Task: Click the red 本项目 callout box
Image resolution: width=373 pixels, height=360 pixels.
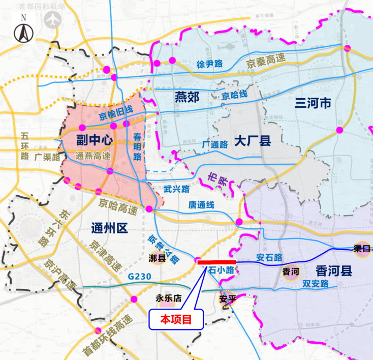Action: (x=176, y=319)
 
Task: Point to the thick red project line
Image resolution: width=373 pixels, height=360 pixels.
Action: (x=216, y=262)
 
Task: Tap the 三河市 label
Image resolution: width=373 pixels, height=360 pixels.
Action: (x=313, y=104)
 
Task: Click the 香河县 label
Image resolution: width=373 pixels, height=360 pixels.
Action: (x=334, y=270)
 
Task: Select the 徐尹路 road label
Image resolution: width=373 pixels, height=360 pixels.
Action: (x=210, y=65)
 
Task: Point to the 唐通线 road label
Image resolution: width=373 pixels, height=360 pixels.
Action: (x=201, y=204)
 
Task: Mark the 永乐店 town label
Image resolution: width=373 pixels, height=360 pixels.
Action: (x=168, y=299)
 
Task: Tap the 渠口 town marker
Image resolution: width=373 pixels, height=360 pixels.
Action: (x=362, y=249)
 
